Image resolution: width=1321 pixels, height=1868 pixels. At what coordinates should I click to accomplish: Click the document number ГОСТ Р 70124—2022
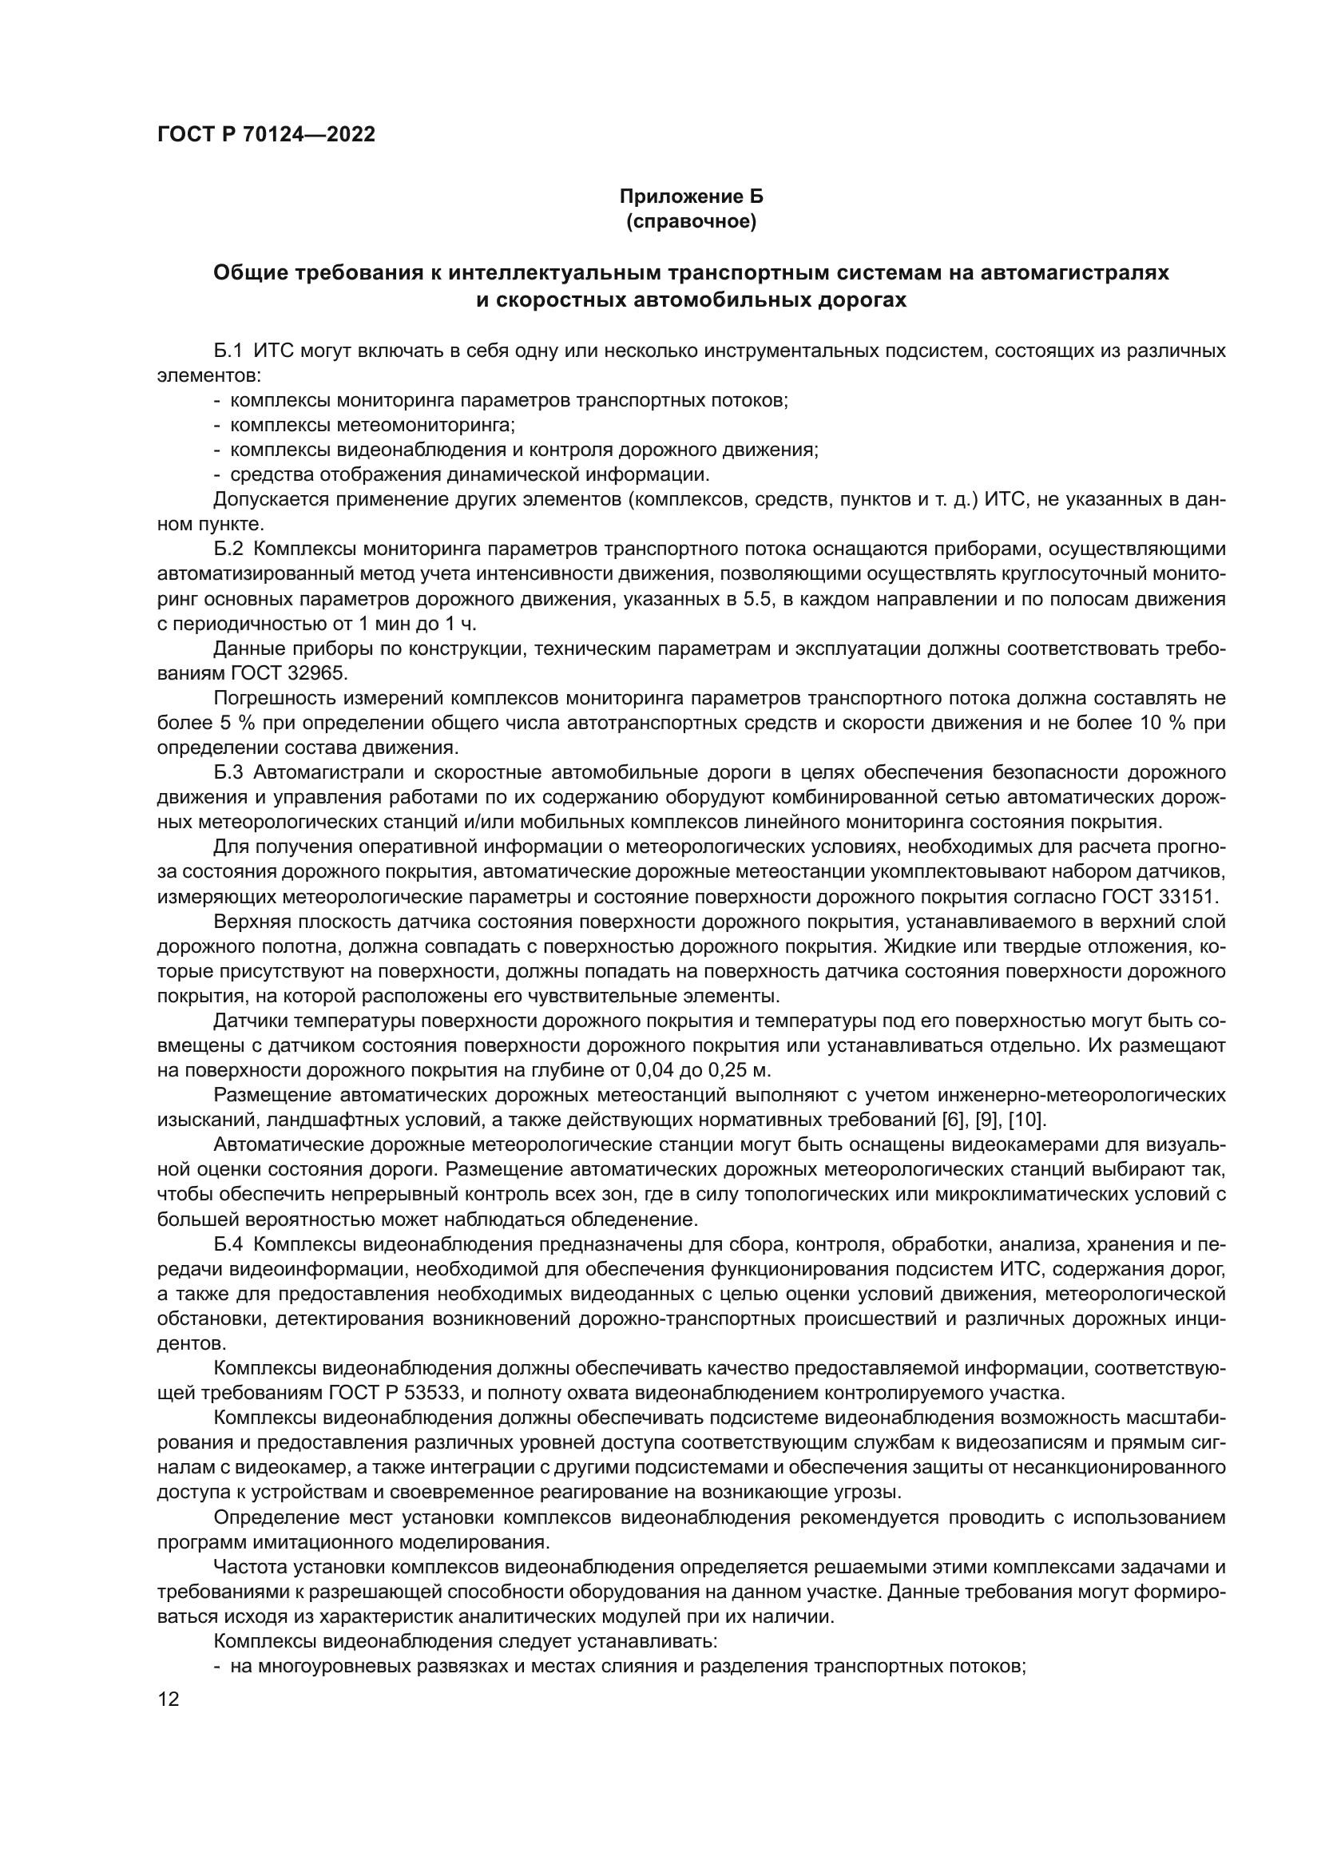pyautogui.click(x=266, y=135)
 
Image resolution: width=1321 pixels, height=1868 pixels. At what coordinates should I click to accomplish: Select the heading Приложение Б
pyautogui.click(x=692, y=197)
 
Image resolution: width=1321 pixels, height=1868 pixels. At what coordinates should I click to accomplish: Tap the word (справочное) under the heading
pyautogui.click(x=692, y=222)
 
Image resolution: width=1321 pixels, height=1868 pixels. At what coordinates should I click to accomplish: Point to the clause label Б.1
pyautogui.click(x=228, y=351)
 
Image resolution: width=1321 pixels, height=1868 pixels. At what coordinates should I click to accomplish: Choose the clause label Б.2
pyautogui.click(x=228, y=549)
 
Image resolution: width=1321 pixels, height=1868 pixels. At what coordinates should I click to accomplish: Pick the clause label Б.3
pyautogui.click(x=228, y=772)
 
